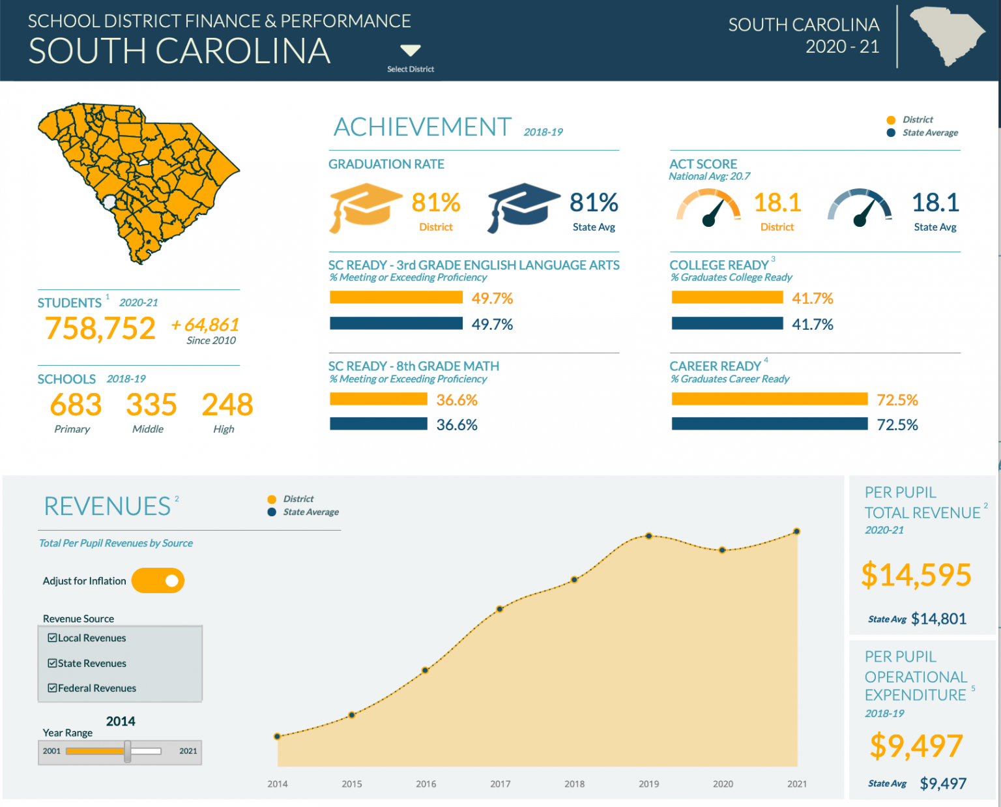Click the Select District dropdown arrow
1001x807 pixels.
click(x=411, y=50)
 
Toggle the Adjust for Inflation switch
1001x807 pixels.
click(x=158, y=581)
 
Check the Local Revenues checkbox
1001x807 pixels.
click(x=52, y=638)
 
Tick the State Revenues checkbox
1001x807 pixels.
click(x=52, y=663)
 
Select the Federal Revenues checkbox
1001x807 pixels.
click(x=52, y=688)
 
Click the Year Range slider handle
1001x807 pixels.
click(x=128, y=751)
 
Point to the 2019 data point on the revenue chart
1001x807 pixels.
click(x=648, y=536)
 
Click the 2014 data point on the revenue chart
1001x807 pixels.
click(x=278, y=736)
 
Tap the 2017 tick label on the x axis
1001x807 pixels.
click(x=500, y=784)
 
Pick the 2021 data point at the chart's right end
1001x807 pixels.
click(x=796, y=532)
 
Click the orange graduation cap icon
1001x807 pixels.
click(x=364, y=206)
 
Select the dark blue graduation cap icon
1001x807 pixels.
click(x=523, y=206)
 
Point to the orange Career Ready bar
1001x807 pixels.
click(x=769, y=399)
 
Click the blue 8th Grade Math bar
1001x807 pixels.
click(x=378, y=424)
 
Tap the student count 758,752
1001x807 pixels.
click(x=100, y=328)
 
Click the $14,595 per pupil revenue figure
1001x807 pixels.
click(x=916, y=575)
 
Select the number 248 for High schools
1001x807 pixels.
click(x=227, y=405)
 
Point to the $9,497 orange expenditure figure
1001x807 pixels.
click(x=916, y=746)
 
